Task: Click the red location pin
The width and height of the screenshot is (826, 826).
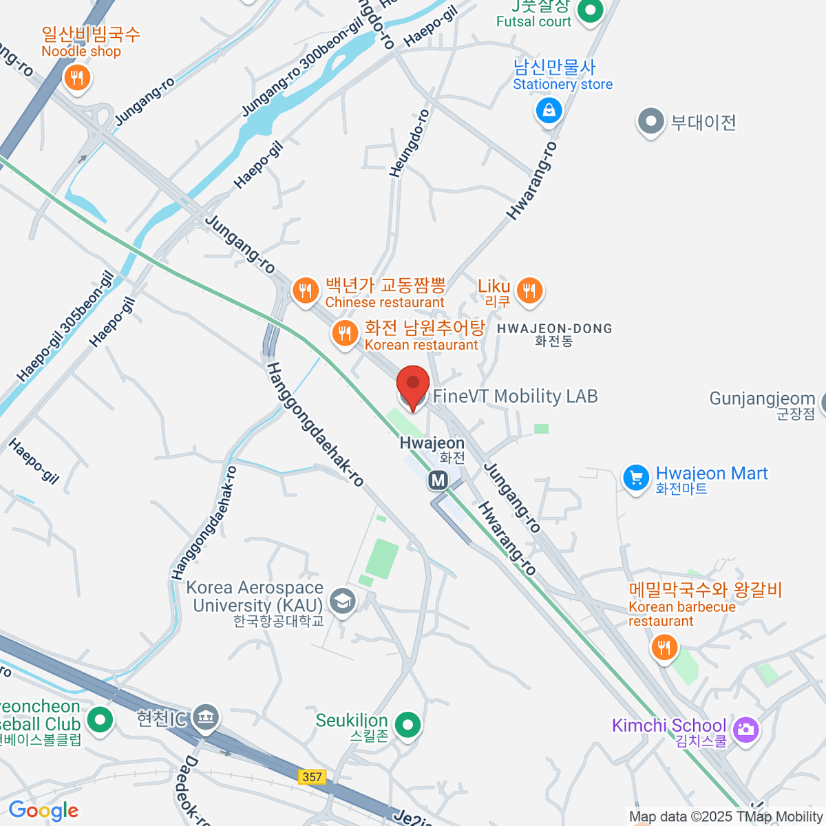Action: pos(413,385)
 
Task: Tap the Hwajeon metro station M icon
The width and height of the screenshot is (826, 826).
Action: pos(438,480)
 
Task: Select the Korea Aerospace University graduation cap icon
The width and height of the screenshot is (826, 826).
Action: pos(342,601)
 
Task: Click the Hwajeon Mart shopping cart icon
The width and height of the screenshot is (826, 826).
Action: pos(635,477)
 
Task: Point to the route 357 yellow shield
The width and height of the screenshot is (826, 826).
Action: pos(312,776)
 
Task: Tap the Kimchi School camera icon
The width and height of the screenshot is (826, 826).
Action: pos(745,728)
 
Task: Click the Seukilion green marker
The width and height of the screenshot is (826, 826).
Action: pos(409,724)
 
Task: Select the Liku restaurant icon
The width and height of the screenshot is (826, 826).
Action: pos(529,290)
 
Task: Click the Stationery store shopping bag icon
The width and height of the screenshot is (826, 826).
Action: pos(549,110)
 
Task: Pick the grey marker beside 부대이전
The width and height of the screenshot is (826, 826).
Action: pos(650,122)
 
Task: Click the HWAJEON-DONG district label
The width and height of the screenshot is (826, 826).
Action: pos(554,329)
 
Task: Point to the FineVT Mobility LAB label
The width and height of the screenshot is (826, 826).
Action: pos(515,396)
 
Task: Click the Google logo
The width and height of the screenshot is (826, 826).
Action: pos(43,811)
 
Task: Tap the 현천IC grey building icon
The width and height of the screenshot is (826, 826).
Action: pos(204,718)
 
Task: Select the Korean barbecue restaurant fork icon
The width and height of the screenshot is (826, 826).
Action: pos(664,648)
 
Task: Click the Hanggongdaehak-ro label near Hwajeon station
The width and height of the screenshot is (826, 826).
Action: pos(315,425)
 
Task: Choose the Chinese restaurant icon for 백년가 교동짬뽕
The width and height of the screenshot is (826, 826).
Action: pos(304,290)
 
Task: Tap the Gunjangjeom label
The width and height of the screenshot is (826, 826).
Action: pos(762,399)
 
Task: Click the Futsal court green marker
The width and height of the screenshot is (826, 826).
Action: pos(590,10)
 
